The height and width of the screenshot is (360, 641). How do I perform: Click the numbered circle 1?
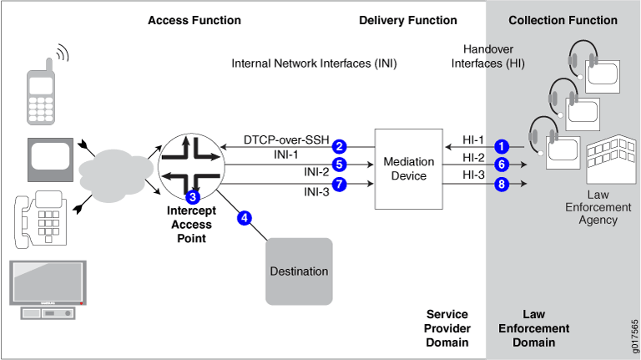point(501,145)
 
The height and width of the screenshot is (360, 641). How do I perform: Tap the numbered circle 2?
point(340,146)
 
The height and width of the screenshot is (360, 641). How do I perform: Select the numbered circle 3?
point(193,198)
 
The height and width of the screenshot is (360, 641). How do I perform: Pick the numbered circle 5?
point(339,164)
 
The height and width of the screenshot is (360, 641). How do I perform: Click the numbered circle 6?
point(501,164)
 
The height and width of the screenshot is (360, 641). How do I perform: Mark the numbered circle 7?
point(339,182)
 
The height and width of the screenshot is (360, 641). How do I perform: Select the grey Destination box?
point(299,271)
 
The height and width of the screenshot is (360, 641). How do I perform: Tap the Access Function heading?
point(194,20)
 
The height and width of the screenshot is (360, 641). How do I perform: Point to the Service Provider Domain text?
point(447,328)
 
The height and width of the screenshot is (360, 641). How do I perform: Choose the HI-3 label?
point(472,175)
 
